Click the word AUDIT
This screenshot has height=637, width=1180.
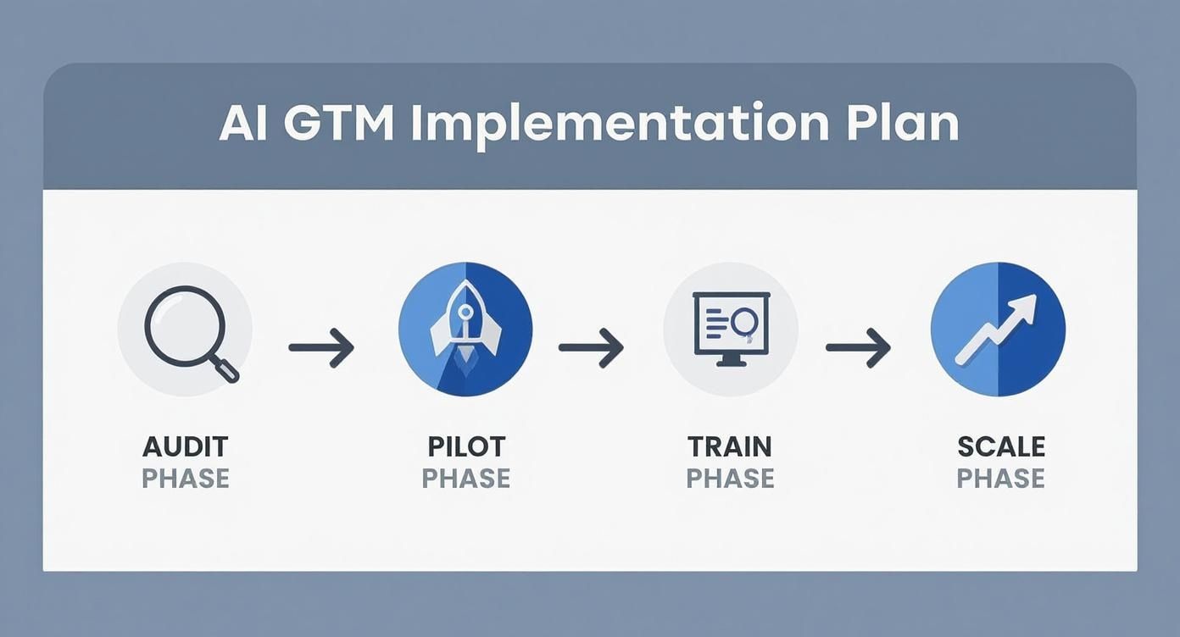click(x=186, y=446)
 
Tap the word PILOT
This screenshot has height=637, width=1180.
click(x=466, y=446)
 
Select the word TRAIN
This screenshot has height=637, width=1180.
click(x=730, y=446)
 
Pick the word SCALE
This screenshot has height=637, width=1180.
click(x=1000, y=446)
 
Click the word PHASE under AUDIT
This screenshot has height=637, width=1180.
click(x=186, y=479)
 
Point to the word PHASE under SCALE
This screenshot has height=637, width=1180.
click(x=1000, y=479)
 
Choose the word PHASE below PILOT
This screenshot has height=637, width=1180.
click(x=466, y=479)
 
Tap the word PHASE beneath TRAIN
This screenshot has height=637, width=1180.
click(x=730, y=479)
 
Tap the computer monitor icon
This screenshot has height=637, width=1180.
click(x=730, y=329)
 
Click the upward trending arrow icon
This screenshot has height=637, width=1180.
click(x=997, y=330)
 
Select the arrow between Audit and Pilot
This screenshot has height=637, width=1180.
click(x=321, y=347)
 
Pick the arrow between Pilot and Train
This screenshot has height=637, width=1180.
click(x=591, y=347)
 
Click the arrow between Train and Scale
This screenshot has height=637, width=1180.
click(x=858, y=347)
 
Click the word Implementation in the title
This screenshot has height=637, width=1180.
click(x=620, y=125)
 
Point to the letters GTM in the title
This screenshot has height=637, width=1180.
click(x=339, y=124)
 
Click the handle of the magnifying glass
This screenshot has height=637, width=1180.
click(x=226, y=368)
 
